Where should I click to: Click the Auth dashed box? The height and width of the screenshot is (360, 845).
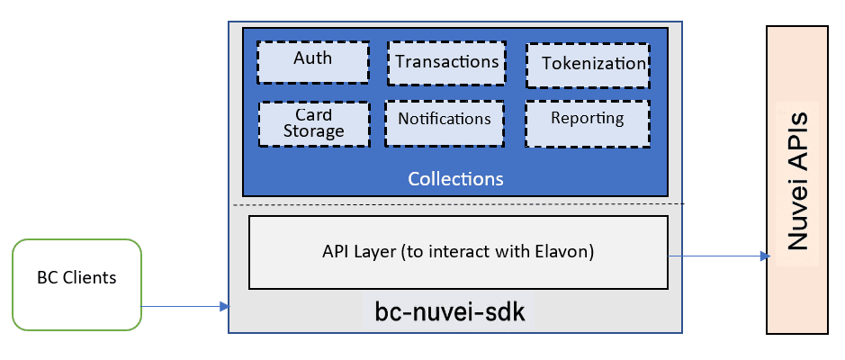(x=313, y=60)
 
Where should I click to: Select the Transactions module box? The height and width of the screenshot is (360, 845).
(x=445, y=62)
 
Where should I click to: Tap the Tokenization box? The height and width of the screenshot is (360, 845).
(x=588, y=64)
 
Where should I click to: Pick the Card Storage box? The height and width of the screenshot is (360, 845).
(x=313, y=122)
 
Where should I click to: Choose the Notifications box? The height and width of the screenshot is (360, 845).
(x=445, y=120)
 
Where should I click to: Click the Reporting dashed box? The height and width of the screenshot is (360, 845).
(x=587, y=120)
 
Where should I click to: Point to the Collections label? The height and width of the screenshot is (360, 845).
(x=455, y=178)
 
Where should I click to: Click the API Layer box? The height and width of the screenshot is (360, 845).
(x=458, y=252)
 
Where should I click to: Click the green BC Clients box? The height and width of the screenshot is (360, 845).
(x=77, y=283)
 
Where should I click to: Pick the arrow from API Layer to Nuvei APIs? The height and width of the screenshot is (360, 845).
(x=715, y=256)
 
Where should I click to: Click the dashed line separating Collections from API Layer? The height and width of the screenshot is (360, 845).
(x=458, y=204)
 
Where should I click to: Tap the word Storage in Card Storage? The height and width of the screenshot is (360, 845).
(x=313, y=131)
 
